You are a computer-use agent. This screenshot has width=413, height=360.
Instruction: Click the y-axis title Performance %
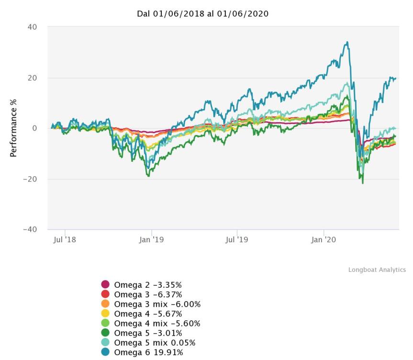[x=13, y=128]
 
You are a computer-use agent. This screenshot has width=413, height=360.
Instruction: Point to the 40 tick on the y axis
[x=32, y=27]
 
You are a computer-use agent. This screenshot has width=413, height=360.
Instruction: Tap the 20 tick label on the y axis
[x=32, y=78]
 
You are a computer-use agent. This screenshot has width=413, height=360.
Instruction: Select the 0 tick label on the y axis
[x=34, y=128]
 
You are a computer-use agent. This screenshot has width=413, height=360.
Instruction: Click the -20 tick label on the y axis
[x=30, y=179]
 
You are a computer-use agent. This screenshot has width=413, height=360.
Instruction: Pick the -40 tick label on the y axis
[x=30, y=229]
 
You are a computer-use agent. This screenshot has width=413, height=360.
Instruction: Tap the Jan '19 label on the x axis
[x=151, y=239]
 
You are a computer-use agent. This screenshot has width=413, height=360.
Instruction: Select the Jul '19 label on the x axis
[x=237, y=239]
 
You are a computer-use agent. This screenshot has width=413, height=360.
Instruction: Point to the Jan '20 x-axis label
[x=324, y=239]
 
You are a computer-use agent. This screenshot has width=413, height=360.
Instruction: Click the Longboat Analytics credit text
[x=377, y=270]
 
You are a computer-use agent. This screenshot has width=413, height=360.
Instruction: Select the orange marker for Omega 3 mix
[x=105, y=304]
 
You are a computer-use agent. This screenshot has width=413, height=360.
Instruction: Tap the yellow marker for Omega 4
[x=105, y=314]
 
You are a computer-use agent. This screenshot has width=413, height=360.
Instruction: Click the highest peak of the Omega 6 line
[x=346, y=42]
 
